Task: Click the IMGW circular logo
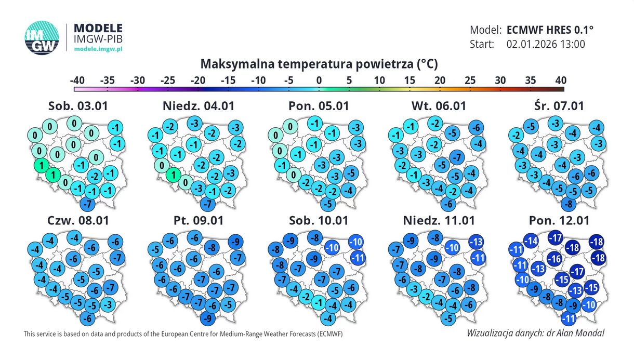tap(42, 37)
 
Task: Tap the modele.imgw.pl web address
tap(98, 48)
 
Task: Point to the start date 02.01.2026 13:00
tap(545, 44)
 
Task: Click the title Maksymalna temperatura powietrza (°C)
tap(319, 64)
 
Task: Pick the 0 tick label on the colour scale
tap(319, 81)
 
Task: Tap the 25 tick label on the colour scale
tap(470, 81)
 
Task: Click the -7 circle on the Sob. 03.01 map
tap(88, 203)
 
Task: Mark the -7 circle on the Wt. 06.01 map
tap(457, 156)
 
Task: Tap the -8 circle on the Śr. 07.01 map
tap(570, 203)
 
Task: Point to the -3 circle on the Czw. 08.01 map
tap(108, 304)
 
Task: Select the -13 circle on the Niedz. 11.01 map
tap(476, 242)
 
